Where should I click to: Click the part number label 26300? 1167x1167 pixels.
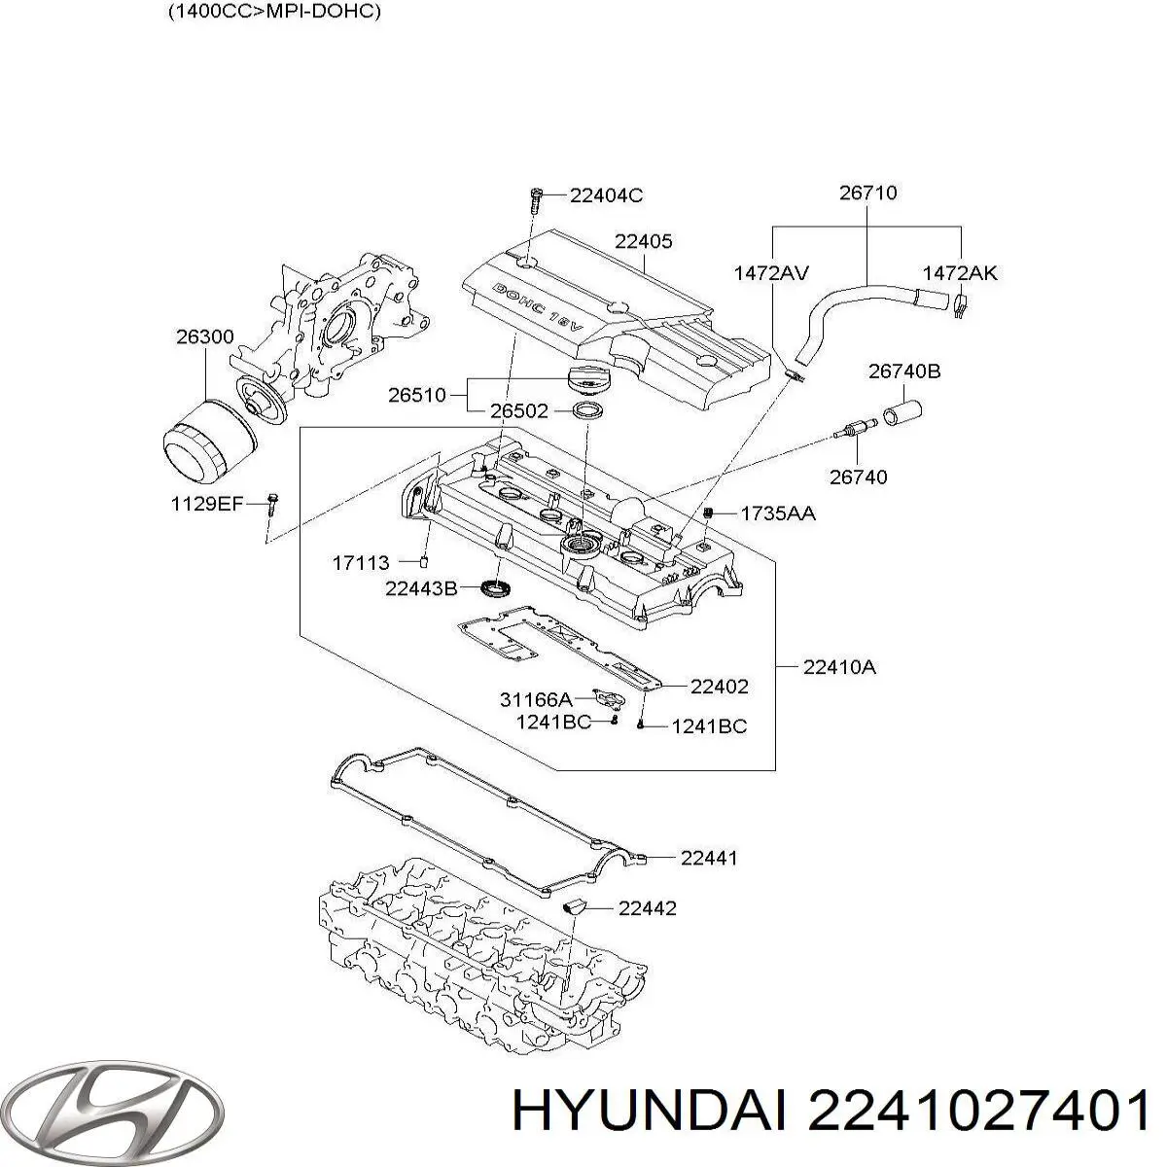(204, 337)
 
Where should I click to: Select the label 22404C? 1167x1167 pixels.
(606, 195)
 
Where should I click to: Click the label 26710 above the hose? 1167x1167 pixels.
(867, 194)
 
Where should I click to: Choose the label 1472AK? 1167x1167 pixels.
(960, 273)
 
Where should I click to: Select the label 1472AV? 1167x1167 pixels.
(771, 273)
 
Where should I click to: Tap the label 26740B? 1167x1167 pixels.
(904, 371)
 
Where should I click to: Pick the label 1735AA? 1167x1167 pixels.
(778, 513)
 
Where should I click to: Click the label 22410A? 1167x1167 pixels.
(839, 667)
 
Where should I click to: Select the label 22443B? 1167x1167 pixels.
(420, 588)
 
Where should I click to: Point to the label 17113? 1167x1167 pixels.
(361, 562)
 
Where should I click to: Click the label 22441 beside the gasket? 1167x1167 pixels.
(708, 858)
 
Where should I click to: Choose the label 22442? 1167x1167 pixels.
(647, 908)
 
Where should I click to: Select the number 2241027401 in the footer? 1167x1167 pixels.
(977, 1111)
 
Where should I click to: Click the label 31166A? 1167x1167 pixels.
(535, 699)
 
